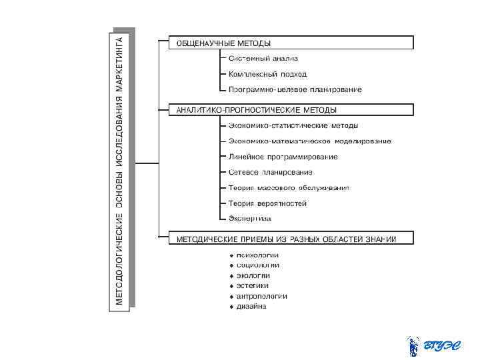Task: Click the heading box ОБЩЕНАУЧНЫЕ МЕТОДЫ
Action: point(291,43)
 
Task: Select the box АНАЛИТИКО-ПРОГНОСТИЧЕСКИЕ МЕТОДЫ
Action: point(291,109)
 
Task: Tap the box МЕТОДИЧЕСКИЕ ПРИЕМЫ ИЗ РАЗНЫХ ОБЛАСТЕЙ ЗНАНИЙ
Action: point(291,238)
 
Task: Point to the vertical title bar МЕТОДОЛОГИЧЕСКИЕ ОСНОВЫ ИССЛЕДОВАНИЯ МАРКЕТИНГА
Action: point(120,167)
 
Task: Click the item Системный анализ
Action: point(263,59)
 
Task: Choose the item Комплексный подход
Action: point(267,74)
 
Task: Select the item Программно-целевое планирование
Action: point(295,89)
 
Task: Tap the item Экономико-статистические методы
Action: point(293,125)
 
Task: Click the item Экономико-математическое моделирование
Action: point(309,141)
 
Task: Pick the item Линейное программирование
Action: point(283,157)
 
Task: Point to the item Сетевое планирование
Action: point(270,172)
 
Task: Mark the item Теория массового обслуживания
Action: point(288,188)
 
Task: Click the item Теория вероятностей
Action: point(267,203)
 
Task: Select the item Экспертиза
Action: point(249,219)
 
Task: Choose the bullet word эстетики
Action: point(252,285)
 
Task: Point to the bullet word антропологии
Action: point(261,296)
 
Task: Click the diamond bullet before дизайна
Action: point(231,307)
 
